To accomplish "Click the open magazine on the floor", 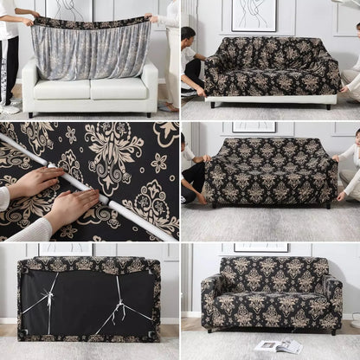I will click(279, 345).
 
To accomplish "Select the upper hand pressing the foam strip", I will click(35, 182).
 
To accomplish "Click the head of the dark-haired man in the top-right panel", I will click(189, 35).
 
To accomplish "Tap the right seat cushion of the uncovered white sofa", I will click(119, 88).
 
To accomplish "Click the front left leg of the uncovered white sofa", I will click(29, 114).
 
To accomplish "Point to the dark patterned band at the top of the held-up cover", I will click(91, 23).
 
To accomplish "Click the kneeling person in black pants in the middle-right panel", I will click(193, 173).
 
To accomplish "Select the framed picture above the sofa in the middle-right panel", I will click(254, 126).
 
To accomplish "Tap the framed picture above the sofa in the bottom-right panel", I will click(260, 247).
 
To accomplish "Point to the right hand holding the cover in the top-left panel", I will click(153, 17).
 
